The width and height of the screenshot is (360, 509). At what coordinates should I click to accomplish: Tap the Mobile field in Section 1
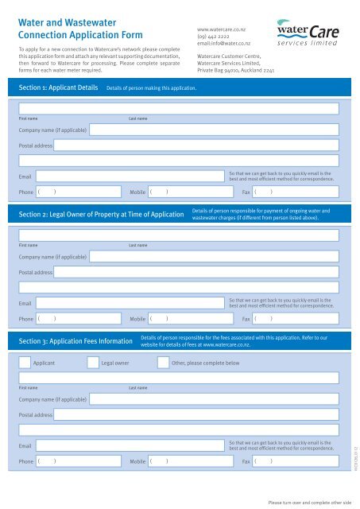click(x=191, y=192)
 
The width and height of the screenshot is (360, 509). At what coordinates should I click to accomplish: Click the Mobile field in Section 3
click(x=191, y=461)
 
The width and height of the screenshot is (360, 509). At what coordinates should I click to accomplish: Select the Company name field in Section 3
click(x=215, y=399)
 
